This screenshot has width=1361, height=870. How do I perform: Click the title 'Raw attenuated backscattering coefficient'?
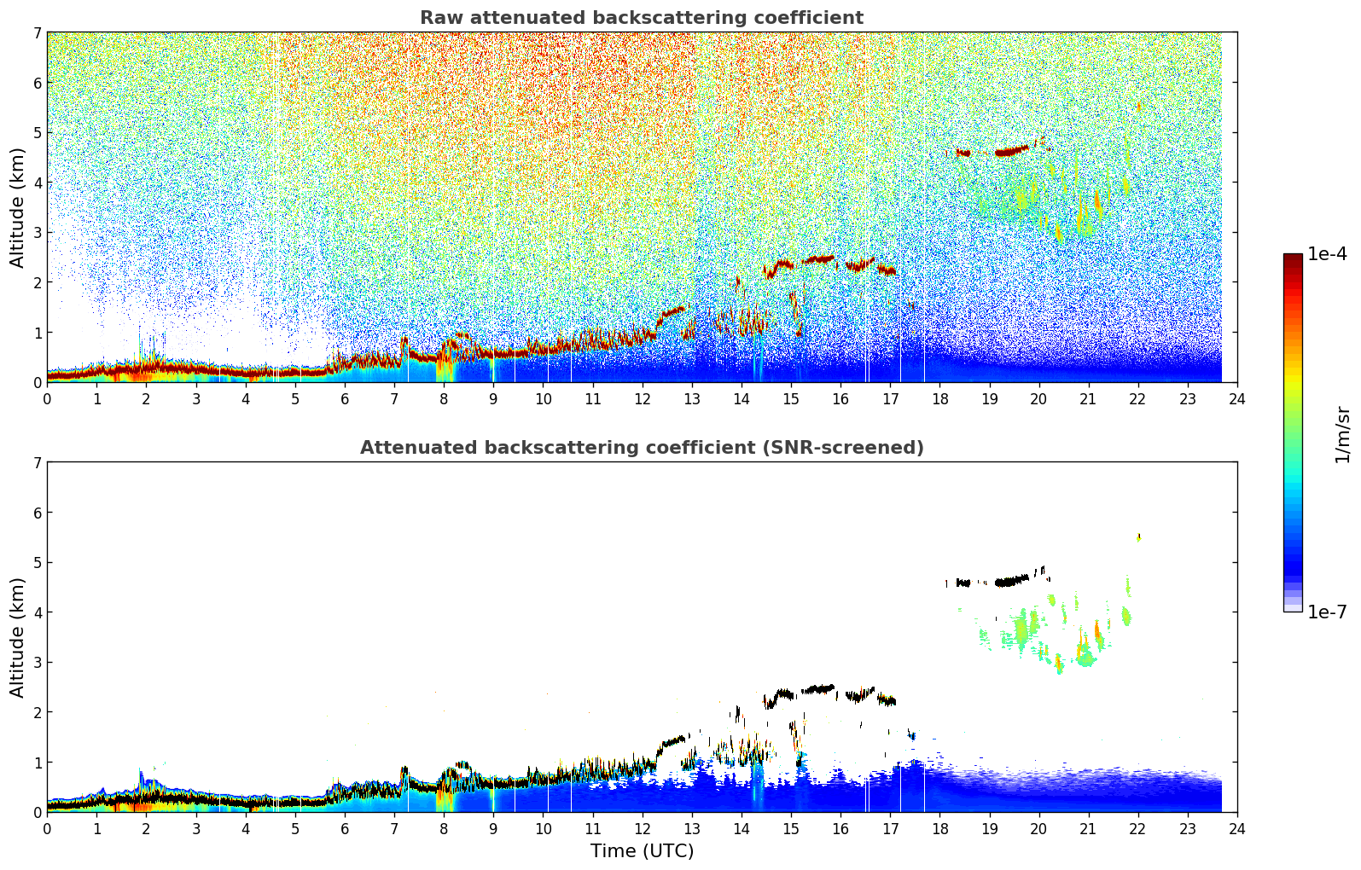[x=641, y=18]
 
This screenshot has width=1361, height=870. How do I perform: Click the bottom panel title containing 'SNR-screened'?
[x=641, y=448]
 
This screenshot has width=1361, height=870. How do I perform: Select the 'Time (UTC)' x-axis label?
[x=642, y=851]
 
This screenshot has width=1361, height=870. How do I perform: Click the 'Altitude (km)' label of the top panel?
[x=17, y=207]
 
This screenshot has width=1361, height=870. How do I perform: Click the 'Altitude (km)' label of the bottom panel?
[x=17, y=637]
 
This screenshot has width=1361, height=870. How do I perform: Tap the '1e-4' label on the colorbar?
[x=1327, y=254]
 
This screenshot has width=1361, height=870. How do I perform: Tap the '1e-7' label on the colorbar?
[x=1327, y=612]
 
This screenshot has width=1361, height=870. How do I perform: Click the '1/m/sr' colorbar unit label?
[x=1342, y=434]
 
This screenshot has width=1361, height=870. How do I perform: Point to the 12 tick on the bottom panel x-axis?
[x=642, y=828]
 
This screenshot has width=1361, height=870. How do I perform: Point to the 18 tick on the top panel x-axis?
[x=939, y=398]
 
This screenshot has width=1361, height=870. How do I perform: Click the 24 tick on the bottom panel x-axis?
[x=1237, y=828]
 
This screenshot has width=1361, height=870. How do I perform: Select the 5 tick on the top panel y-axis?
[x=37, y=132]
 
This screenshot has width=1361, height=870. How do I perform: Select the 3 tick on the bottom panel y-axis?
[x=37, y=662]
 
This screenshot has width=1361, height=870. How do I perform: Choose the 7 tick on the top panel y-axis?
[x=37, y=32]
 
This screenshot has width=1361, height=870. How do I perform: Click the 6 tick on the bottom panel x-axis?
[x=344, y=828]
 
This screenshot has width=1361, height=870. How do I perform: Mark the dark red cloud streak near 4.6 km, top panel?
[x=1012, y=152]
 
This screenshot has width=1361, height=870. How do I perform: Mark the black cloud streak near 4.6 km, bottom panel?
[x=1012, y=582]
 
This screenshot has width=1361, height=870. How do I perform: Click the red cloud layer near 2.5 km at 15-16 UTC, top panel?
[x=819, y=258]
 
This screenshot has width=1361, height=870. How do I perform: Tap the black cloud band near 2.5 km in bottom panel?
[x=819, y=688]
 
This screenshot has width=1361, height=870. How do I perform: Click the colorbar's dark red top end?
[x=1292, y=258]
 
